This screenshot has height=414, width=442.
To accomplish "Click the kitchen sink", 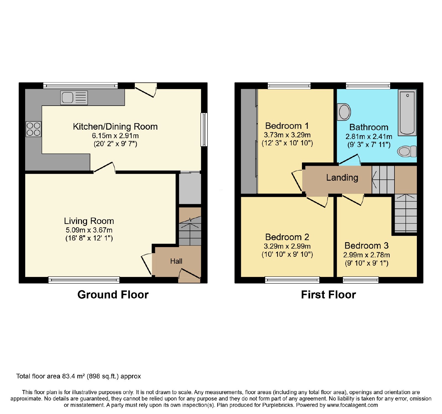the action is pyautogui.click(x=74, y=98).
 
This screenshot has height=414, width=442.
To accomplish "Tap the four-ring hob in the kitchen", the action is pyautogui.click(x=33, y=129).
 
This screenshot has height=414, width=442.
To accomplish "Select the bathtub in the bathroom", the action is pyautogui.click(x=407, y=113).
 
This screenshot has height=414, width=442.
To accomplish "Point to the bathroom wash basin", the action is pyautogui.click(x=344, y=112).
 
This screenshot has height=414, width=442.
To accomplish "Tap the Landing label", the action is pyautogui.click(x=342, y=178).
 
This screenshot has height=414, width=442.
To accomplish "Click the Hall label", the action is pyautogui.click(x=176, y=261).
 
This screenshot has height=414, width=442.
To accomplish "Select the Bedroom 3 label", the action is pyautogui.click(x=367, y=245).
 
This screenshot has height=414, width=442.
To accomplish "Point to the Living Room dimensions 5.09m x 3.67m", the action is pyautogui.click(x=89, y=230).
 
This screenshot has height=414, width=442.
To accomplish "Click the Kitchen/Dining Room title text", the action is pyautogui.click(x=115, y=127).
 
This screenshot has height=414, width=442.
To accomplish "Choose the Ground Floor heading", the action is pyautogui.click(x=113, y=295).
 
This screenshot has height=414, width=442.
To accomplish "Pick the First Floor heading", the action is pyautogui.click(x=328, y=295).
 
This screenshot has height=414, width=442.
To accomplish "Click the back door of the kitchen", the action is pyautogui.click(x=146, y=90).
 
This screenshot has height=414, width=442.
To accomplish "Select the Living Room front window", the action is pyautogui.click(x=84, y=280).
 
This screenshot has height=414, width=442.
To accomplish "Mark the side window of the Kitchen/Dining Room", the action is pyautogui.click(x=204, y=129).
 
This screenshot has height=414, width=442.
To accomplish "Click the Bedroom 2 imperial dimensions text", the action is pyautogui.click(x=287, y=254).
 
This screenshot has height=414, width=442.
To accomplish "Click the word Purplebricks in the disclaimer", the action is pyautogui.click(x=278, y=405).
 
